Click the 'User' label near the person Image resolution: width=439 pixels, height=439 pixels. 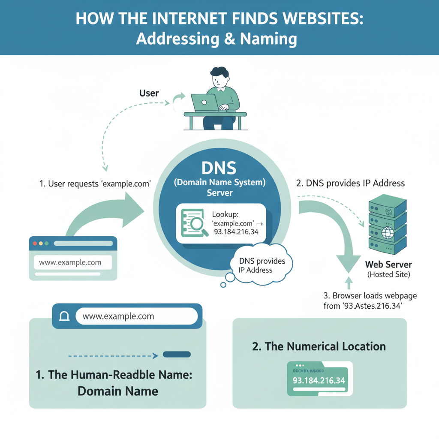pos(149,93)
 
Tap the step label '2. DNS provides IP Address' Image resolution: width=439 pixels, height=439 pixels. pos(350,183)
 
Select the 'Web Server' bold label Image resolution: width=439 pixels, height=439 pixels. pos(388,265)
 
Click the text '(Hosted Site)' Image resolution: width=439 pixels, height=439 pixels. pos(388,275)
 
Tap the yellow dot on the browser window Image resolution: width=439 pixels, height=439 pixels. pos(40,243)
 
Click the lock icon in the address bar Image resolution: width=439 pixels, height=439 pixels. pos(64,316)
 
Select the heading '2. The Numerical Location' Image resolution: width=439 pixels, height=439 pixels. pos(319,346)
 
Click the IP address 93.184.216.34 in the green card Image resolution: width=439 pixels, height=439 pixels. pos(319,380)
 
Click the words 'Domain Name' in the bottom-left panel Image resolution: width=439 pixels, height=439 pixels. pos(118,391)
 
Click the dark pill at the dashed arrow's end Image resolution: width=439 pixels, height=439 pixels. pos(177,355)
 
